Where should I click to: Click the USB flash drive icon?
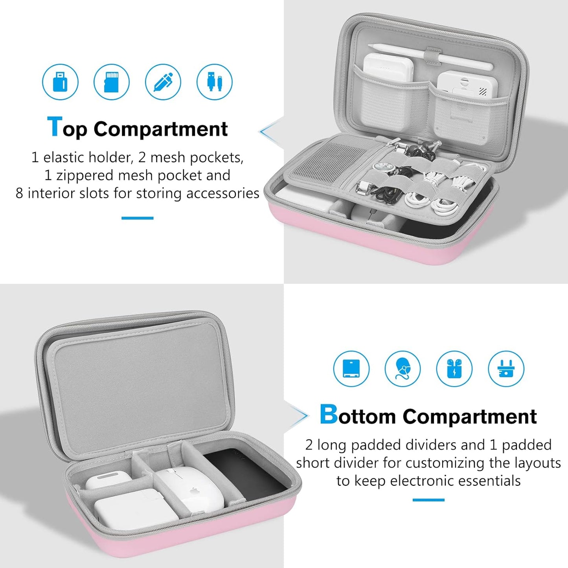coord(60,82)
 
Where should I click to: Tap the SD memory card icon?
coord(112,82)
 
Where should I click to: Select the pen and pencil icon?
coord(163,82)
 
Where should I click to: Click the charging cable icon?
coord(215,82)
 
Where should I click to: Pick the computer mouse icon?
coord(403,369)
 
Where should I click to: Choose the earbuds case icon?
coord(454,369)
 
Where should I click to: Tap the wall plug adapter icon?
coord(506,369)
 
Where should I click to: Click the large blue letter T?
coord(54,127)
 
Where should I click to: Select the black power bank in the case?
coord(244,476)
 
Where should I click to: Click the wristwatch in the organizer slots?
coord(383,167)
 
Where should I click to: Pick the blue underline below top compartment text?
coord(137,218)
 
